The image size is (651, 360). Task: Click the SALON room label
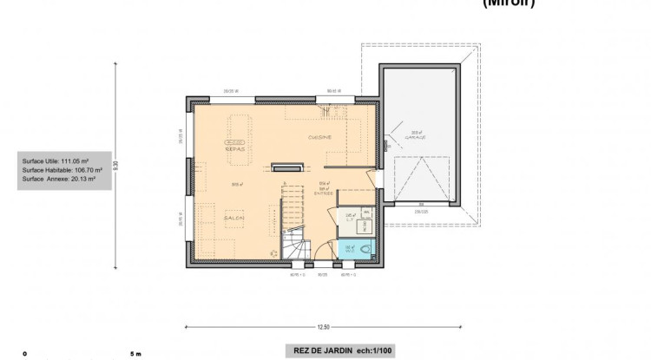[233, 219]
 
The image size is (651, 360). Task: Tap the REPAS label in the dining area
[234, 148]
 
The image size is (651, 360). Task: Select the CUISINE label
[319, 137]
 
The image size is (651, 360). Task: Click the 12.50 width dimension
[324, 327]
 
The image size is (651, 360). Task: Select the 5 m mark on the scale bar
[135, 354]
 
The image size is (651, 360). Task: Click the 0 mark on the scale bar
[25, 354]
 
